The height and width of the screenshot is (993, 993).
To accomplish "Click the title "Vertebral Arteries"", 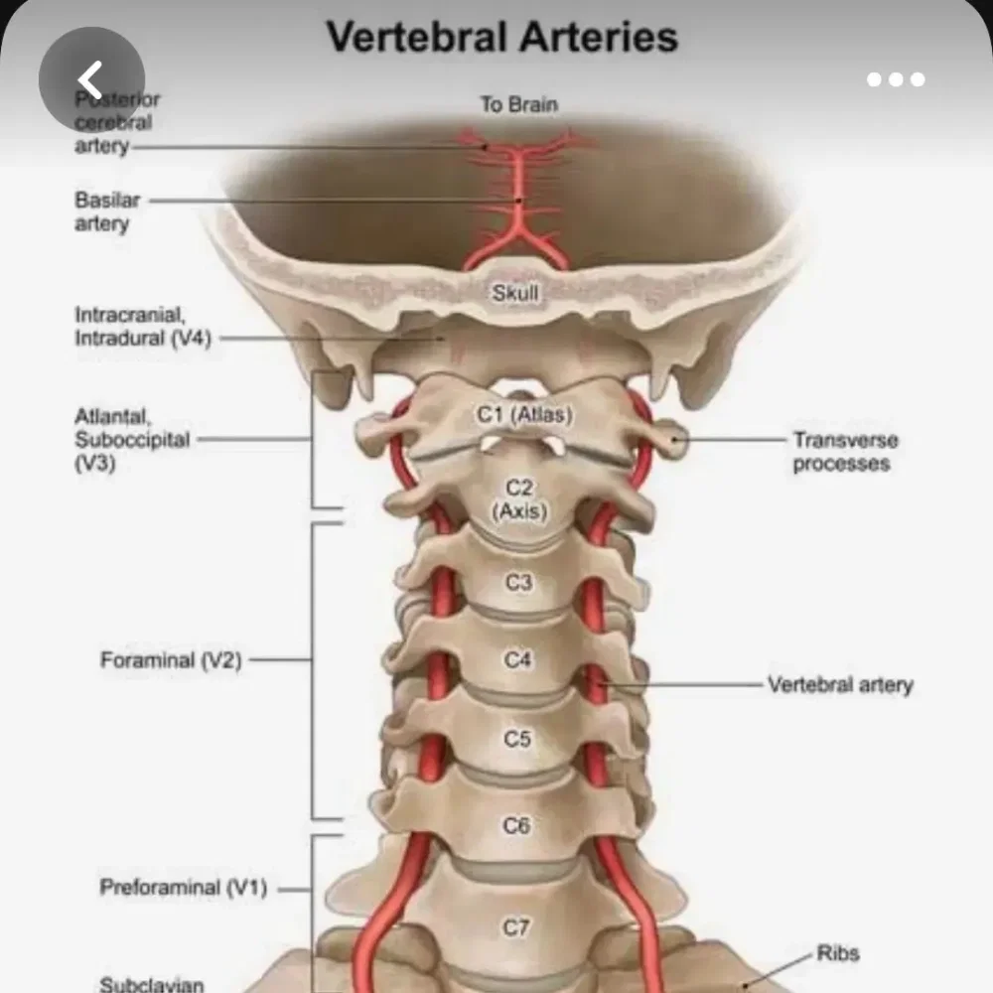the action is tap(502, 37).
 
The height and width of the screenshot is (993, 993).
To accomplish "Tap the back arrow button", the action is tap(91, 79).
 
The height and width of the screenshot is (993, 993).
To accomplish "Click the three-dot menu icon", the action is tap(896, 79).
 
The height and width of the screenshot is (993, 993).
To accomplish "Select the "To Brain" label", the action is tap(518, 104).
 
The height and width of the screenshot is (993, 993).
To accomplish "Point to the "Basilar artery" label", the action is tap(107, 212).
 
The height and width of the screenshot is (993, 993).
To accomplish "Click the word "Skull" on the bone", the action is tap(514, 293).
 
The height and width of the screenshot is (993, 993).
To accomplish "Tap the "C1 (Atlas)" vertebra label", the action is tap(524, 415).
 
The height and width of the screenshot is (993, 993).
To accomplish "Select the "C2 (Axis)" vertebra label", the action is tap(519, 499).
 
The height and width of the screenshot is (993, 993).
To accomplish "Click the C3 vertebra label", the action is tap(518, 583).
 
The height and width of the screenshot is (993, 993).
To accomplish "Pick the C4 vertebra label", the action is tap(517, 660).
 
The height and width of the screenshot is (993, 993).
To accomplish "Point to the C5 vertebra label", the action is tap(516, 739).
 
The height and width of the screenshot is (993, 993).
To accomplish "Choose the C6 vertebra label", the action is tap(516, 825).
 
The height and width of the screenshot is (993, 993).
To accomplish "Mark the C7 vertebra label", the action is tap(515, 927).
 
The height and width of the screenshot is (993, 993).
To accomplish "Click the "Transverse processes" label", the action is tap(845, 452).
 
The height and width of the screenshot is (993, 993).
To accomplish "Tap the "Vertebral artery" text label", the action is tap(840, 684).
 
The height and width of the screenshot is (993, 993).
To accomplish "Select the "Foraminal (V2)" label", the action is tap(171, 660).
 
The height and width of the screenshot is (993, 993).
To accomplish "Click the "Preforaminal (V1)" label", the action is tap(184, 887).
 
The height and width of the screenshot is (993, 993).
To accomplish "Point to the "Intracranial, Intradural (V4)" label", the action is tap(143, 326).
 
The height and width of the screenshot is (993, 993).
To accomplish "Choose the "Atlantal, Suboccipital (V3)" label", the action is tap(132, 440).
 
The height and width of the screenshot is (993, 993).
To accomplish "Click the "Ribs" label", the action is tap(838, 953).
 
